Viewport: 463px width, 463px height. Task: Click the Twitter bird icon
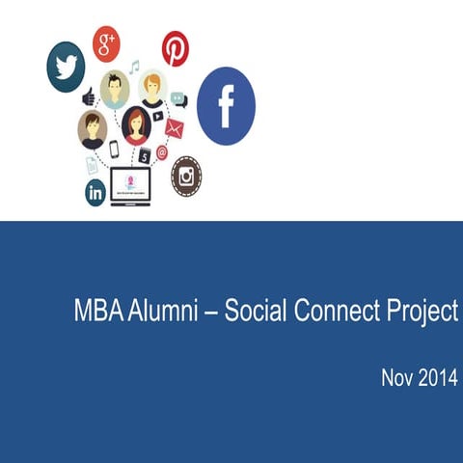[66, 67]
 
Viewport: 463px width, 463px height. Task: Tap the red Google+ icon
[106, 43]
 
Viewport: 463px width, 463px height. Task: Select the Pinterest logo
[176, 48]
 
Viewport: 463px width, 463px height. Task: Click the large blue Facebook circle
[226, 106]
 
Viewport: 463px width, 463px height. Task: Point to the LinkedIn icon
[95, 191]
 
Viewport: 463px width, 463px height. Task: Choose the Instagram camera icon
[186, 176]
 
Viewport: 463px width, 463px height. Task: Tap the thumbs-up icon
[89, 96]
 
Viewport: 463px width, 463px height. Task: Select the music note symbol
[134, 67]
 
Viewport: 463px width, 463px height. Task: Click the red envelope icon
[174, 127]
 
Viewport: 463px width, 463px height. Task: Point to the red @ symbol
[162, 152]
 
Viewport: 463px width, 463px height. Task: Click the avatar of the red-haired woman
[136, 124]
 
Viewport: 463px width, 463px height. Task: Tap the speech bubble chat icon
[179, 98]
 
